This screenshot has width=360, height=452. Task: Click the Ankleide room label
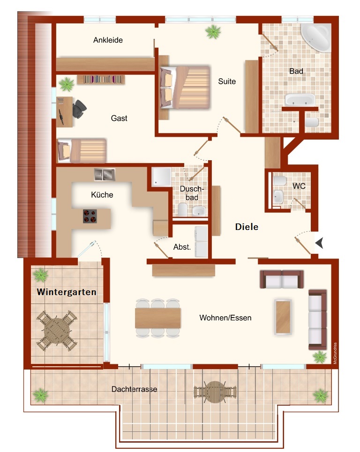[x=108, y=40]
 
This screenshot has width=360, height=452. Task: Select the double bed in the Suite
[x=185, y=88]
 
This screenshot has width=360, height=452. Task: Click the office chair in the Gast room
[x=79, y=109]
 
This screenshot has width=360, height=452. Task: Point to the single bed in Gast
[x=82, y=150]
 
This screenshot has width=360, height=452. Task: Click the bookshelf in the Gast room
[x=101, y=79]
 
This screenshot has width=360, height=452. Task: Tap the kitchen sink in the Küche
[x=105, y=175]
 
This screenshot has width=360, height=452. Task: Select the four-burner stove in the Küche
[x=90, y=216]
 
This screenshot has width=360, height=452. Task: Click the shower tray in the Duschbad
[x=162, y=177]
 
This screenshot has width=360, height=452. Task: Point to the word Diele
[x=247, y=227]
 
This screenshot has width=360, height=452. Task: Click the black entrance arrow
[x=319, y=243]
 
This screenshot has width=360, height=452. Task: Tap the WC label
[x=299, y=186]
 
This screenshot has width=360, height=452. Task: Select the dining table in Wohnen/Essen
[x=158, y=318]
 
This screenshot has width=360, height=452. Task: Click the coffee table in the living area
[x=283, y=317]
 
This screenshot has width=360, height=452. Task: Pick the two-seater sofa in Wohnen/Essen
[x=282, y=279]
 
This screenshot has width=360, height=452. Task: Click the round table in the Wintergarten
[x=57, y=330]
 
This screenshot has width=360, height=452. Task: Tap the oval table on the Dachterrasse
[x=215, y=392]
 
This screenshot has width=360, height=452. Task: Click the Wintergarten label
[x=67, y=292]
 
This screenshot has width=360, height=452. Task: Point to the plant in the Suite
[x=213, y=32]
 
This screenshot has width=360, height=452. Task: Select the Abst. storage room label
[x=182, y=247]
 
